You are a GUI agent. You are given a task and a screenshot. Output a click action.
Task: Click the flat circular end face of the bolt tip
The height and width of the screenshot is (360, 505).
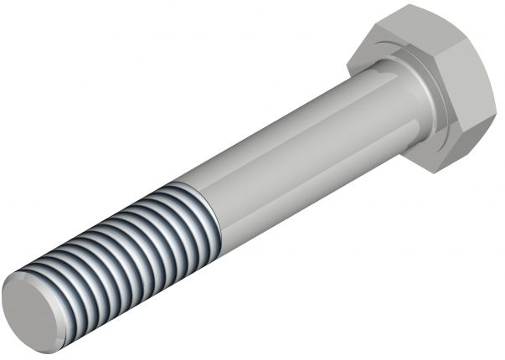tap(33, 302)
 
